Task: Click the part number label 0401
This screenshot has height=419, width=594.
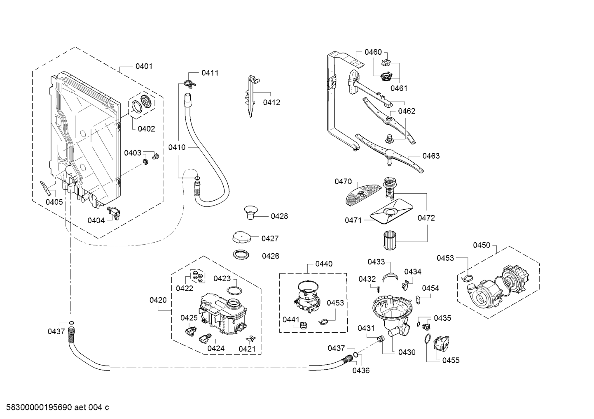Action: [144, 66]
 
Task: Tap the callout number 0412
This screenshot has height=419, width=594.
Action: [271, 102]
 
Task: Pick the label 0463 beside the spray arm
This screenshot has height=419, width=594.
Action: [431, 156]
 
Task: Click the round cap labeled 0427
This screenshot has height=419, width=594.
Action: [241, 238]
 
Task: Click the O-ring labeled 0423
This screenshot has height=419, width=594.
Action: [234, 291]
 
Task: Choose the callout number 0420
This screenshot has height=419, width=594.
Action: [158, 300]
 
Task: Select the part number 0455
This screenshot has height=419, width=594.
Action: [451, 360]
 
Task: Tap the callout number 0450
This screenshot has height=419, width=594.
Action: [482, 245]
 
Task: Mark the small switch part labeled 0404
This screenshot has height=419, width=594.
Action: [114, 213]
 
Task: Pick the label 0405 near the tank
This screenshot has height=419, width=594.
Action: [54, 201]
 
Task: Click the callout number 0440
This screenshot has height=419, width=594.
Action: [324, 264]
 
